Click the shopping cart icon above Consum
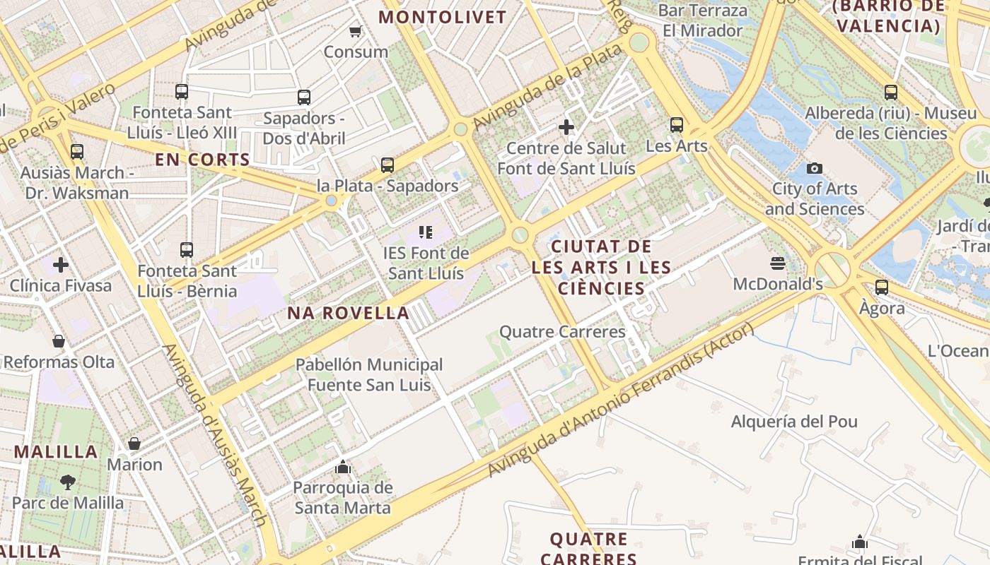356,31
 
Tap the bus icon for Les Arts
677,125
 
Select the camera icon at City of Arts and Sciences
815,168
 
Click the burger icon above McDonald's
778,264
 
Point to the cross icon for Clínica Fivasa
61,265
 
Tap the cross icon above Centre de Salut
566,127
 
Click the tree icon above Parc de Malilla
68,482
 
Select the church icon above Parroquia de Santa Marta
343,467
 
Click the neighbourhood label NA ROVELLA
348,313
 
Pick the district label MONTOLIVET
443,17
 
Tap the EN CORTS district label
202,160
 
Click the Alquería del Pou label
793,422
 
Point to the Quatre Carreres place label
562,331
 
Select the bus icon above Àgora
882,287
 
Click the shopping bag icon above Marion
134,444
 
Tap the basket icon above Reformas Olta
59,341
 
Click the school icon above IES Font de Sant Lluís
425,232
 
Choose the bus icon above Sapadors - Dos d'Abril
304,97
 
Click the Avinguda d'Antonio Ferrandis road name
622,403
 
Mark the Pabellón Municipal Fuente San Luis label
369,375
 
